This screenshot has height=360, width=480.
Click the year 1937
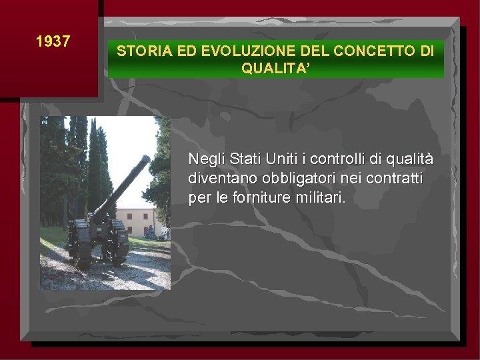click(53, 41)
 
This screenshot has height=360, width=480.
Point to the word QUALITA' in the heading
click(275, 67)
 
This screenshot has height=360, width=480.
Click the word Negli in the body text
click(206, 160)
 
